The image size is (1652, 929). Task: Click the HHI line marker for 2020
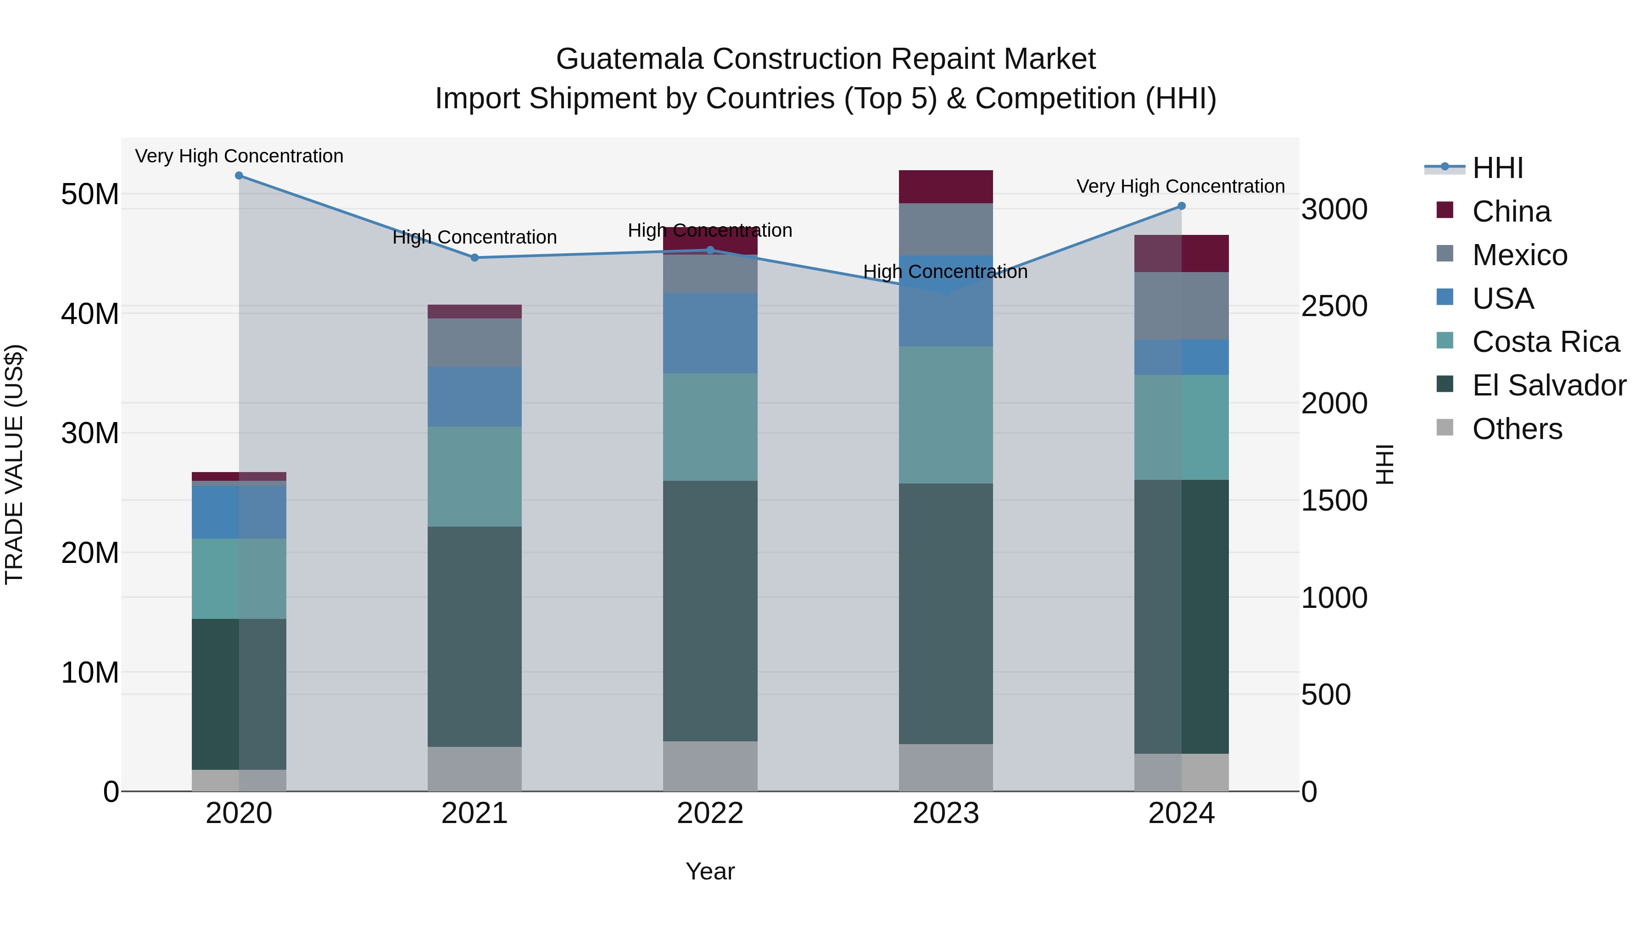click(239, 176)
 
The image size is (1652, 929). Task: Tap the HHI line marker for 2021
click(474, 258)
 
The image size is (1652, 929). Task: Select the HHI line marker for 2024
click(1181, 206)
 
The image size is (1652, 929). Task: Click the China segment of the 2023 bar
click(945, 187)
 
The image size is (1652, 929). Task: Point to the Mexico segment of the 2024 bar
click(1181, 306)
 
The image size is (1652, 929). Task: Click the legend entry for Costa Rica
click(1545, 342)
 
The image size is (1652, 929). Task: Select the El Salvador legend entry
click(1548, 385)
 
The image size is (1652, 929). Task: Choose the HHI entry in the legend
click(1497, 168)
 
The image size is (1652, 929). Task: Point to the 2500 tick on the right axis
click(1334, 306)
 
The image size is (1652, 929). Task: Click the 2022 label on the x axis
click(710, 813)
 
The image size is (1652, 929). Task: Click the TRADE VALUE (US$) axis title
click(14, 464)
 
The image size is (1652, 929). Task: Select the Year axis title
click(710, 871)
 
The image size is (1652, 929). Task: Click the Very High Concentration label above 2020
click(239, 156)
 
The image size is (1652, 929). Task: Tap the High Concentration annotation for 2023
click(945, 272)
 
